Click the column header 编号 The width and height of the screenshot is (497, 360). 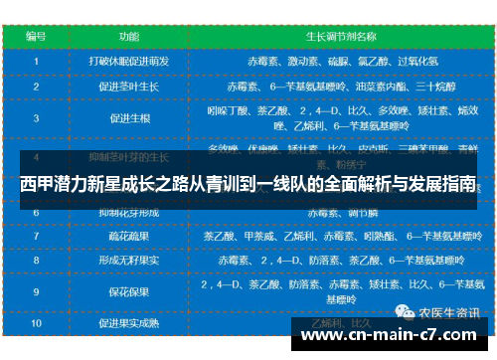point(37,35)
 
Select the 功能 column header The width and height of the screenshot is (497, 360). point(129,35)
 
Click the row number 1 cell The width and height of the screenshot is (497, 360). point(37,60)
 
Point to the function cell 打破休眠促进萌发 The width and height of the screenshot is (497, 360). point(129,60)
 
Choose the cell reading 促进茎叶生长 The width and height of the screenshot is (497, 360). point(129,87)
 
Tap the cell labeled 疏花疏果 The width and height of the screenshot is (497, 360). point(129,238)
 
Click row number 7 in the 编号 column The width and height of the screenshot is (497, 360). point(37,238)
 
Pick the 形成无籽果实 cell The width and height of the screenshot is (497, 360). point(129,261)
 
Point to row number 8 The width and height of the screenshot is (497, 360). point(37,261)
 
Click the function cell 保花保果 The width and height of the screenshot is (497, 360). point(129,291)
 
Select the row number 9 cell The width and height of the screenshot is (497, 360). point(37,291)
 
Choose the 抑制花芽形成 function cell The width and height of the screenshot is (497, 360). point(129,213)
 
